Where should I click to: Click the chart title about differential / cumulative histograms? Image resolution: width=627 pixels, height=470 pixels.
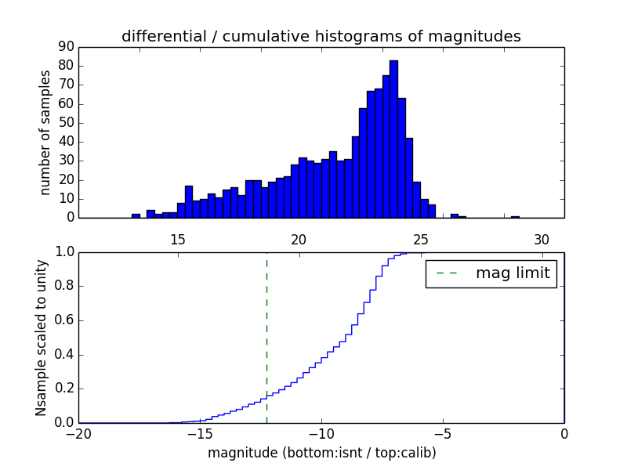click(x=321, y=37)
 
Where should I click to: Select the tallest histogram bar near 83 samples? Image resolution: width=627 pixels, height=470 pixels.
click(x=393, y=139)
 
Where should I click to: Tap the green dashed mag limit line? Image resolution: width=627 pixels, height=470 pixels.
click(x=266, y=337)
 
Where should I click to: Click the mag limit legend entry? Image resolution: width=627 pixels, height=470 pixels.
click(x=491, y=273)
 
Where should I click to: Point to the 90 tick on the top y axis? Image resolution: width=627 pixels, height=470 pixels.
click(x=66, y=46)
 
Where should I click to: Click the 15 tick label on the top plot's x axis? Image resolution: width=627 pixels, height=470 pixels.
click(x=177, y=240)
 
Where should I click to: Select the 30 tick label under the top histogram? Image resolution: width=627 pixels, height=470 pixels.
click(x=542, y=240)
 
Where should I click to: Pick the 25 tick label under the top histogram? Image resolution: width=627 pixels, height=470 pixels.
click(x=420, y=240)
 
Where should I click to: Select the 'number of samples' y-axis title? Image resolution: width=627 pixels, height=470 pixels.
click(x=45, y=132)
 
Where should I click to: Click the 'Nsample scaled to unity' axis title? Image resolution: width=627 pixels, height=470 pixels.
click(x=41, y=337)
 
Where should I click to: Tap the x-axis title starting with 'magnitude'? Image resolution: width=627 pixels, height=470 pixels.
click(x=321, y=453)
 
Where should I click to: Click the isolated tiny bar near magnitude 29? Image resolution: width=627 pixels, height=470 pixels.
click(x=515, y=217)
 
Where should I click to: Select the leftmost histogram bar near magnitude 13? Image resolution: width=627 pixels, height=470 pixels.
click(x=136, y=215)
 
